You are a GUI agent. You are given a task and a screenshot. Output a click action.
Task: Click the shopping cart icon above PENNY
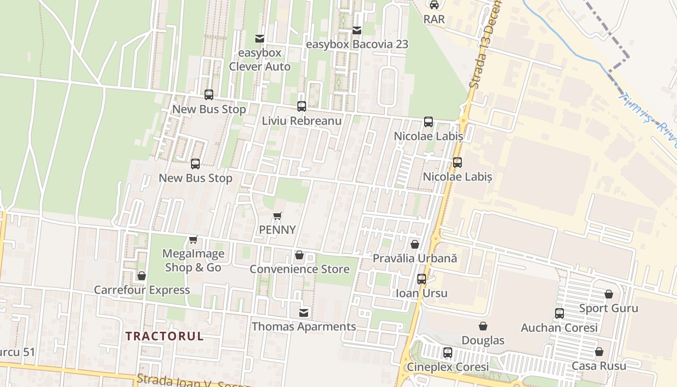tap(277, 216)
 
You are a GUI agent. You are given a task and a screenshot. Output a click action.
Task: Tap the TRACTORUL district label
tap(164, 336)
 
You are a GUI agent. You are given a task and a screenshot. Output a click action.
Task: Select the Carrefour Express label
tap(142, 290)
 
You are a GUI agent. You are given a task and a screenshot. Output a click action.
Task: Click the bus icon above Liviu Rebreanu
tap(302, 106)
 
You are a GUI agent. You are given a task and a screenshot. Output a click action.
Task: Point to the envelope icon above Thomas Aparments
tap(304, 313)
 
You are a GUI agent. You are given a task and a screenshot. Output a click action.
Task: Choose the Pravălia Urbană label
tap(414, 258)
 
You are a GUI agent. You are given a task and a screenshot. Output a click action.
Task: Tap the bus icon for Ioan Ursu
tap(422, 279)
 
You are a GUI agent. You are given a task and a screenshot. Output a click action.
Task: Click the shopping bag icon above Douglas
tap(483, 327)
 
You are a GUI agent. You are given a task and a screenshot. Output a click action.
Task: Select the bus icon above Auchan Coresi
tap(559, 313)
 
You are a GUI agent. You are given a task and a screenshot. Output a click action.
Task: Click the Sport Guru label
tap(608, 308)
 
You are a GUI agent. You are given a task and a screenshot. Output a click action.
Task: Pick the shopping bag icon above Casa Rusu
tap(599, 352)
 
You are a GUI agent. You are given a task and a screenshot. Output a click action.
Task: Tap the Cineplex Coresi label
tap(447, 367)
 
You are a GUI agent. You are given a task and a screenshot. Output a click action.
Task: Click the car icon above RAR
tap(434, 5)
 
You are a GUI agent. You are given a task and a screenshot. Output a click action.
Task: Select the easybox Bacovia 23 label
tap(357, 45)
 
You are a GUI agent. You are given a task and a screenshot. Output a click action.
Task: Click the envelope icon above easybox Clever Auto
tap(260, 39)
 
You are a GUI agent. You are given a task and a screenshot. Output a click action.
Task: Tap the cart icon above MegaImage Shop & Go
tap(193, 239)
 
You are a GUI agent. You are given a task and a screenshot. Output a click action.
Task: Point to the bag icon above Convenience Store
tap(299, 255)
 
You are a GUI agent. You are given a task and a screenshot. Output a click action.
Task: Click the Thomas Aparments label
tap(304, 327)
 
